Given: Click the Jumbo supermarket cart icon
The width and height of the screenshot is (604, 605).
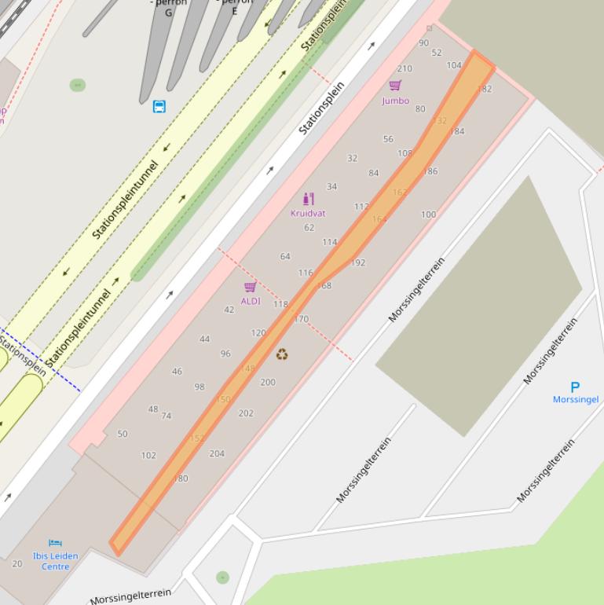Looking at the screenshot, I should (395, 86).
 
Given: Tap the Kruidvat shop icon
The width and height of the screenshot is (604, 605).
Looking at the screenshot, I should (308, 199).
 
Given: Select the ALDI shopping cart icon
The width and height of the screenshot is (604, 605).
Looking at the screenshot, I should (251, 287).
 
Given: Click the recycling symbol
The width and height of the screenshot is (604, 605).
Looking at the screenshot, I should (282, 355).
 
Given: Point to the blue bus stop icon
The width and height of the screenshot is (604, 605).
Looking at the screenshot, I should (159, 106).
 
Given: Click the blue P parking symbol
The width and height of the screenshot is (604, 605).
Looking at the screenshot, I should (575, 387).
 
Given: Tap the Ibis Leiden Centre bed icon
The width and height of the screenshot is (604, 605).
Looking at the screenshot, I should (55, 543).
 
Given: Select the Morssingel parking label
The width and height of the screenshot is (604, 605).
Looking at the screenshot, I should (576, 399).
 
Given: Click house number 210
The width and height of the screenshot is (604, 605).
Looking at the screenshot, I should (404, 69).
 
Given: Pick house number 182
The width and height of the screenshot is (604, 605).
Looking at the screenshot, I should (485, 89).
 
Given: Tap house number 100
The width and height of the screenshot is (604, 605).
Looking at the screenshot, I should (428, 214).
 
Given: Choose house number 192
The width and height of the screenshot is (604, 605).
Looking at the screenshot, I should (358, 263).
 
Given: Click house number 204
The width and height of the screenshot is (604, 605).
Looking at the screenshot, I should (217, 453).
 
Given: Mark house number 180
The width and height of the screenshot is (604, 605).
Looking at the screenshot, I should (181, 478).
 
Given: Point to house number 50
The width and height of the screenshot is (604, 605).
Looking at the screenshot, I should (122, 434).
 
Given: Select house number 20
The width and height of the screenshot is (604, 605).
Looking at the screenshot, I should (17, 563).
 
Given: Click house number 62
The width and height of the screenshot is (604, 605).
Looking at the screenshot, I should (309, 228).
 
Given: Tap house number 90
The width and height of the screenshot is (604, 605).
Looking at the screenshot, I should (424, 43).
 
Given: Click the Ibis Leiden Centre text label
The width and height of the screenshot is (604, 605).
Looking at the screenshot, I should (55, 561).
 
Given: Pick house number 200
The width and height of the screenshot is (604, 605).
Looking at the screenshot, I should (268, 383).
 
